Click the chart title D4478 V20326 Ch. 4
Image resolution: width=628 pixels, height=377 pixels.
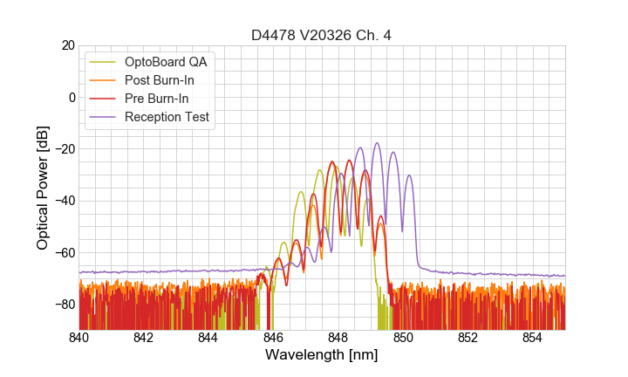[321, 35]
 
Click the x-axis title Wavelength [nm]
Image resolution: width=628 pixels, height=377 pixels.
[321, 356]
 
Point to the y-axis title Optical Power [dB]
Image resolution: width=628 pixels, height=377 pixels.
[43, 188]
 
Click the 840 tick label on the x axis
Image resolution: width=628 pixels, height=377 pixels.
[78, 338]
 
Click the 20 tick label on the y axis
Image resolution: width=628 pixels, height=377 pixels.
[67, 45]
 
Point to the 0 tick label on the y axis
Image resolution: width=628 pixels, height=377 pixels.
[71, 97]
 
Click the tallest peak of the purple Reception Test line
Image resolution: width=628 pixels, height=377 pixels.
[377, 143]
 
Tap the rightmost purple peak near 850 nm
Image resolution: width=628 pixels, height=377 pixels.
[409, 175]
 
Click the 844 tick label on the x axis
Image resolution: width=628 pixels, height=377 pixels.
[208, 338]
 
